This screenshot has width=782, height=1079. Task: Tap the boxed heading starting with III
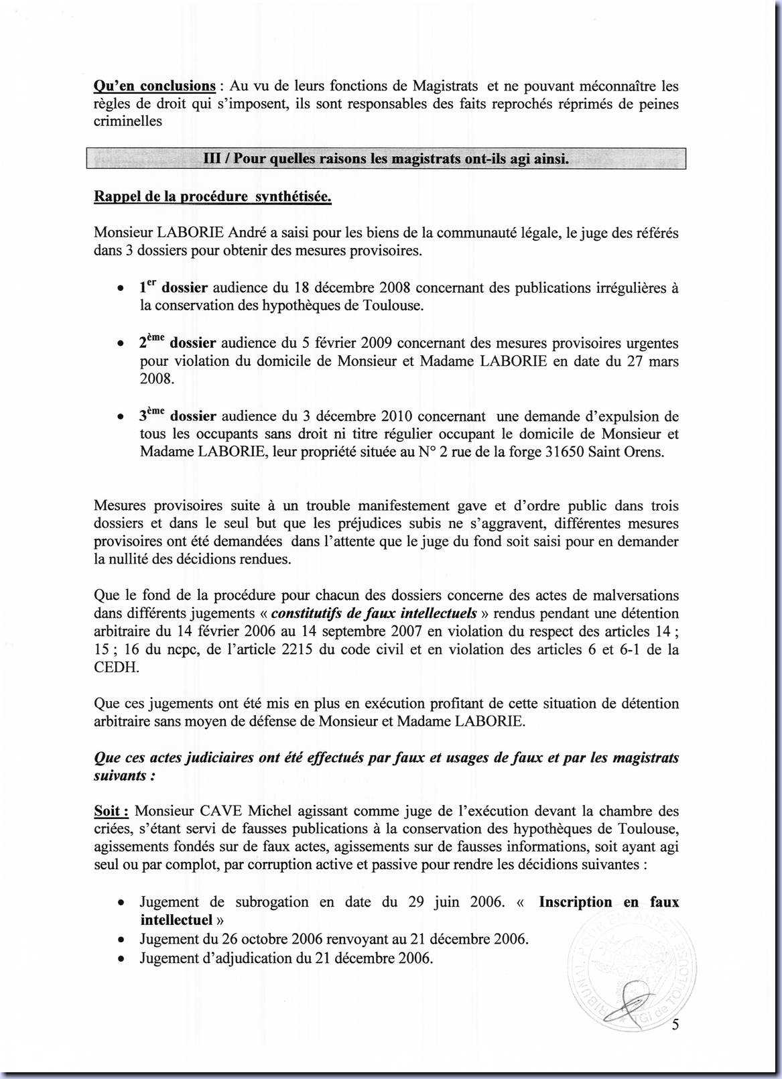(x=386, y=159)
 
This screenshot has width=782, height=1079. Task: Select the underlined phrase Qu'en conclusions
(x=155, y=86)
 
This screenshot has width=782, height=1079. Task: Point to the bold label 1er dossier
(x=174, y=288)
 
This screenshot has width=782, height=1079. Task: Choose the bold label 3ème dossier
(x=178, y=416)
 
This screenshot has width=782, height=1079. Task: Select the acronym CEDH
(x=115, y=667)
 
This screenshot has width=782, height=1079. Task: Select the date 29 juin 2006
(x=456, y=901)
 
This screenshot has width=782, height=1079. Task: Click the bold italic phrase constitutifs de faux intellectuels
(x=375, y=613)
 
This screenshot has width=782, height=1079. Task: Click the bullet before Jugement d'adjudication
(x=119, y=958)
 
